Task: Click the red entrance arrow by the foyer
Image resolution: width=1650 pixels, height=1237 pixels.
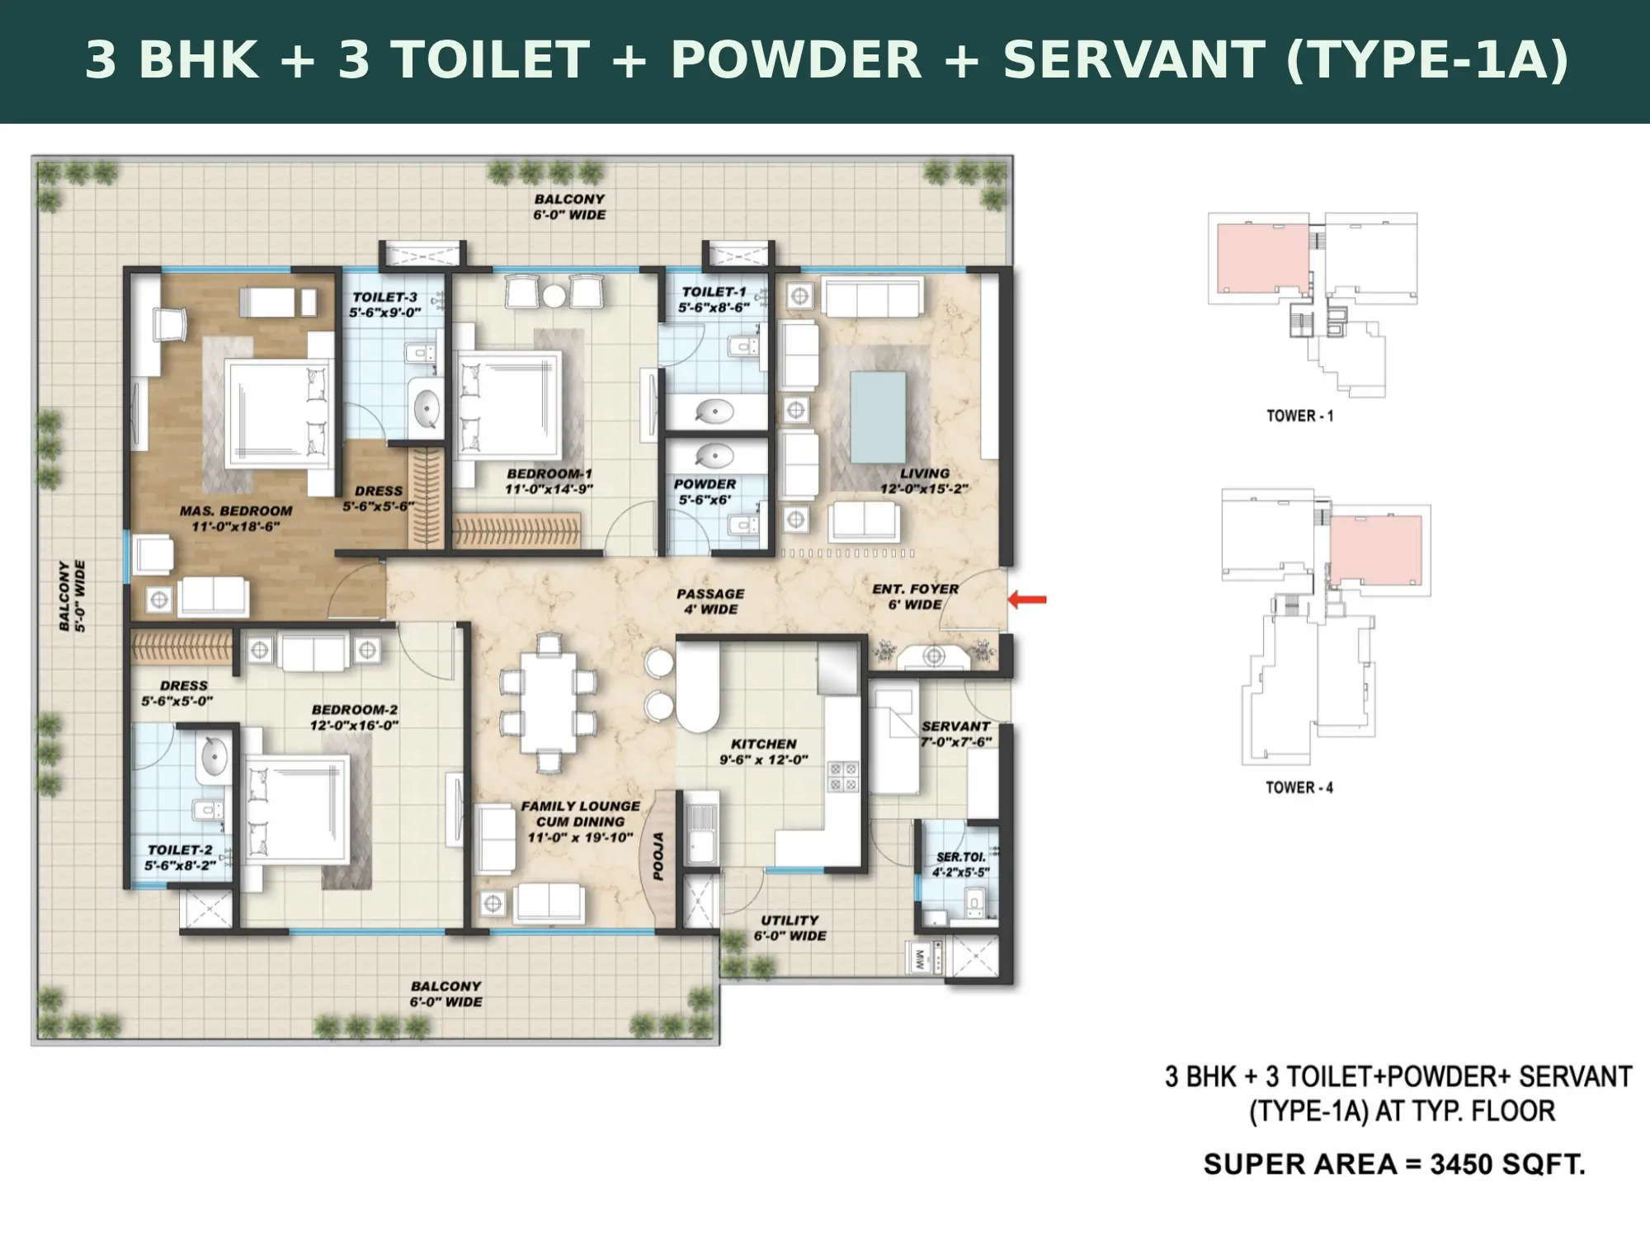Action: pos(1027,600)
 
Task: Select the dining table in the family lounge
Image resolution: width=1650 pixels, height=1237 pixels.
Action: pos(548,703)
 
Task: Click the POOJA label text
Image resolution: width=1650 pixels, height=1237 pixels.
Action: pos(658,856)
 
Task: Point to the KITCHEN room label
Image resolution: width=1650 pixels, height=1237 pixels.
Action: pos(764,744)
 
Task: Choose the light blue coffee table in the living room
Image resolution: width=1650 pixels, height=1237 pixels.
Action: pos(878,417)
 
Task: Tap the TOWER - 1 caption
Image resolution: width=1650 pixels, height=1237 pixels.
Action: pos(1300,416)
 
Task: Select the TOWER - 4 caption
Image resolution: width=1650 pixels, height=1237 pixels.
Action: pos(1299,788)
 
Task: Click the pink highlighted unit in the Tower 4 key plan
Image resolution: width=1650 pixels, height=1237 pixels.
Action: pos(1375,550)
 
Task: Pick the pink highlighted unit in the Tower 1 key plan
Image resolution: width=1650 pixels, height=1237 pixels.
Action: pos(1263,258)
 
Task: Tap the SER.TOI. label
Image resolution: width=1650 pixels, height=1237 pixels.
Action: pos(961,857)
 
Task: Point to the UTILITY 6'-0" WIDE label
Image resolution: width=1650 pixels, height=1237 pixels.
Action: pos(790,928)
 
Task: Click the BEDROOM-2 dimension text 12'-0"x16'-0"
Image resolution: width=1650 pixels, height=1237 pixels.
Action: pos(354,725)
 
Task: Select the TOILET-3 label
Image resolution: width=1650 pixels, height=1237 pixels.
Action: pos(385,297)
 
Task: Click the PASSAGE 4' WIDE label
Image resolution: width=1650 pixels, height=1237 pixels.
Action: pos(710,601)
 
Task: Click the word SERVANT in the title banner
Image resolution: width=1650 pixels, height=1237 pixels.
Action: pos(1134,60)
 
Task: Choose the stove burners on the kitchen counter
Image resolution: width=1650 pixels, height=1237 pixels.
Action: pos(844,776)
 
